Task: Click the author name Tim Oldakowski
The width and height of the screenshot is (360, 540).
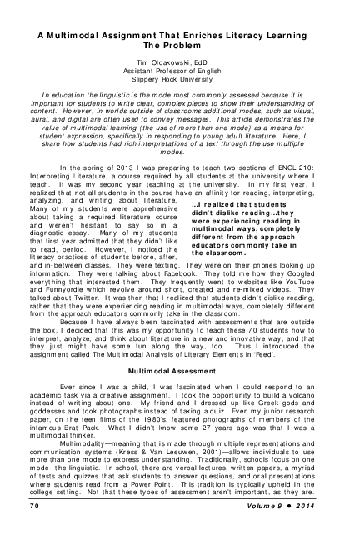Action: [178, 62]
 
